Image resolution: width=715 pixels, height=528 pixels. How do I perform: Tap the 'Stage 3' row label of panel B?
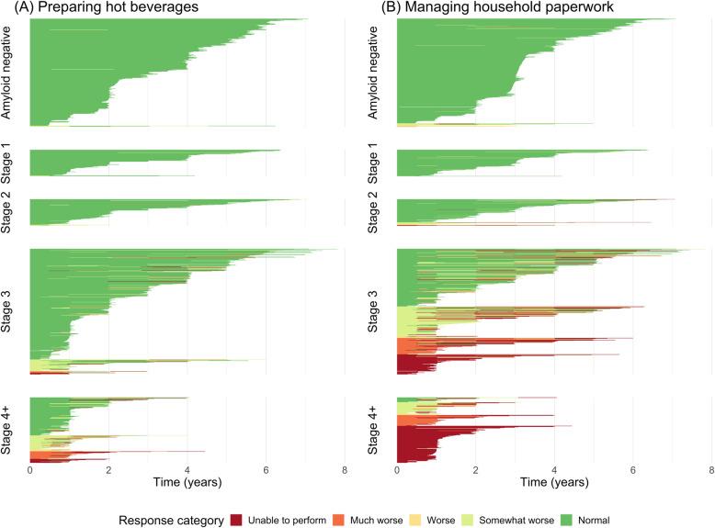click(377, 311)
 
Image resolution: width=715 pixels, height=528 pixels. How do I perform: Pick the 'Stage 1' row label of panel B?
click(377, 163)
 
